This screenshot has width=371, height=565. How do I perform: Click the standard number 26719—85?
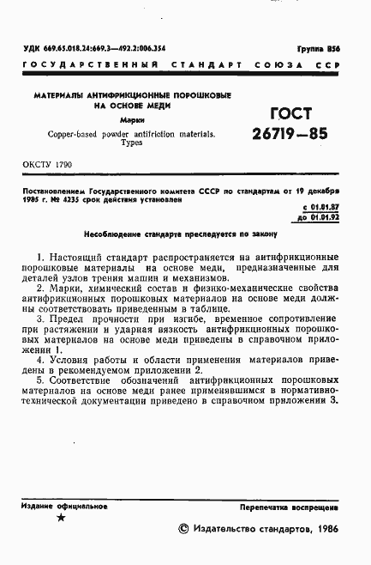coord(289,135)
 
